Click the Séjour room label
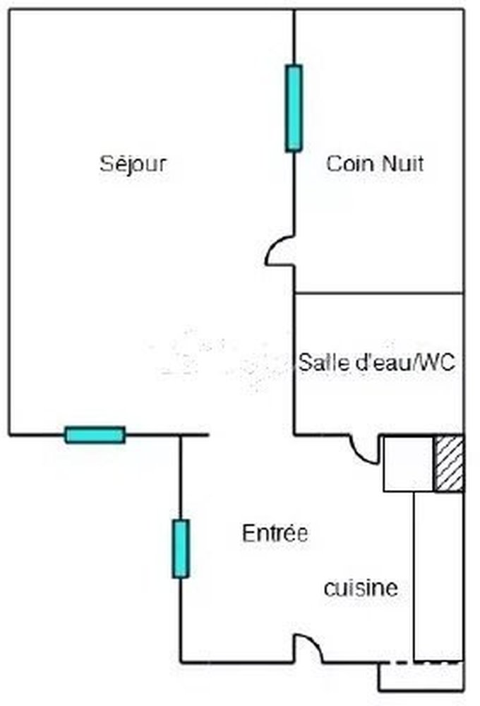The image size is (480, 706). (x=133, y=164)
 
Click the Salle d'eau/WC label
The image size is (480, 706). (x=377, y=362)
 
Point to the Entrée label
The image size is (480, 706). (x=275, y=533)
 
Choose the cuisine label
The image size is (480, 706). (x=361, y=588)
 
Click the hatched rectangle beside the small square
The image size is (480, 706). (x=448, y=463)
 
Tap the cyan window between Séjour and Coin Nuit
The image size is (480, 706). (x=294, y=108)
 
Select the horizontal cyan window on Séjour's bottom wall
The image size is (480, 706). (x=95, y=435)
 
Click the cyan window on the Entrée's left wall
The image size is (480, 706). (x=181, y=549)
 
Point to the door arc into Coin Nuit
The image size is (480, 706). (x=280, y=251)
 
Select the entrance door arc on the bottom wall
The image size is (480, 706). (x=308, y=648)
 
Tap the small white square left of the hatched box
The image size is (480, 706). (x=409, y=463)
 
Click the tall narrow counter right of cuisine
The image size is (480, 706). (x=438, y=576)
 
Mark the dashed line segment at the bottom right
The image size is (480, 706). (x=425, y=662)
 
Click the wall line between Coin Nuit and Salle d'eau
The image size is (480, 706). (x=378, y=294)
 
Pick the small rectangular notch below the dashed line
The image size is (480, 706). (x=421, y=676)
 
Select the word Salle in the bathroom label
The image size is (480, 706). (x=317, y=362)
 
